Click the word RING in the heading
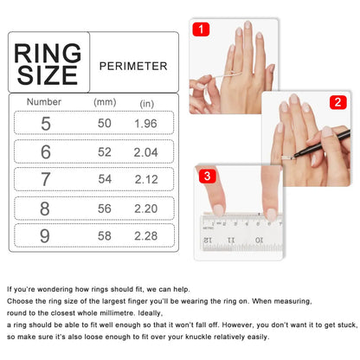pyautogui.click(x=48, y=53)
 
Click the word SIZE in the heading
pyautogui.click(x=48, y=75)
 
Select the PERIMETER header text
pyautogui.click(x=133, y=66)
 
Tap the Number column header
pyautogui.click(x=44, y=102)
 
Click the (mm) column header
pyautogui.click(x=105, y=102)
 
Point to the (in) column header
pyautogui.click(x=147, y=103)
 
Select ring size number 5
pyautogui.click(x=45, y=124)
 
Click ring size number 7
pyautogui.click(x=45, y=181)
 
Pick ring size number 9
pyautogui.click(x=45, y=236)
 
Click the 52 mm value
pyautogui.click(x=105, y=152)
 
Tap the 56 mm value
pyautogui.click(x=105, y=209)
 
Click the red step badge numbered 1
pyautogui.click(x=200, y=29)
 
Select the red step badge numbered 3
pyautogui.click(x=207, y=177)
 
